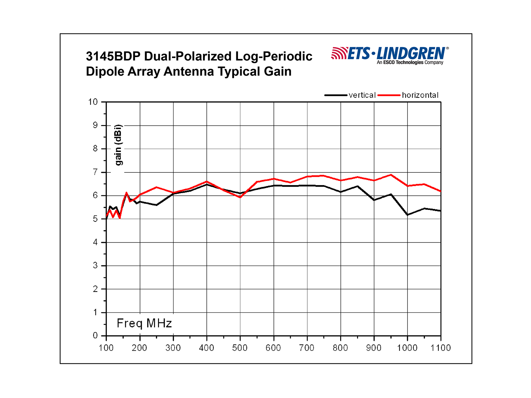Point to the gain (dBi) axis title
118,145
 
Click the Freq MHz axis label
144,323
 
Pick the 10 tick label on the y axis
93,102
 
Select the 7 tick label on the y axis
95,172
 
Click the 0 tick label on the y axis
95,336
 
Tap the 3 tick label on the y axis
95,266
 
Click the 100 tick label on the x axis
106,348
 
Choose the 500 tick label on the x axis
240,348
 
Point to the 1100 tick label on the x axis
440,348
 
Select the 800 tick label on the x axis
340,348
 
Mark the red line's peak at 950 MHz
391,175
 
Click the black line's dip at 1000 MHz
407,215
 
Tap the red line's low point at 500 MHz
240,197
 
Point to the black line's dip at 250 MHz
156,205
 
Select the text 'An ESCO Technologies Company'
410,63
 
